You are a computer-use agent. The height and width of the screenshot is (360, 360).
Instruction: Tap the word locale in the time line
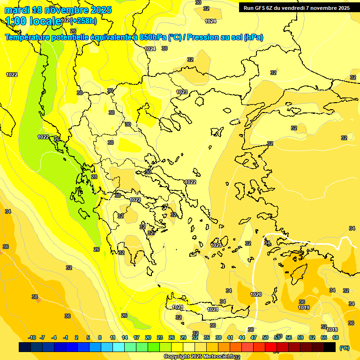tap(45, 21)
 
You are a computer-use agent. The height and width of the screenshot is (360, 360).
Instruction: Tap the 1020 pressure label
tap(256, 294)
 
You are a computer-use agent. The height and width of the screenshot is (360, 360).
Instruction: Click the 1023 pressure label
tap(182, 92)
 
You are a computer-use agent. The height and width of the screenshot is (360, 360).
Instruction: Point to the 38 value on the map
tap(35, 297)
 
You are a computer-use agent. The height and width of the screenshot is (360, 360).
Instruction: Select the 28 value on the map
tap(94, 177)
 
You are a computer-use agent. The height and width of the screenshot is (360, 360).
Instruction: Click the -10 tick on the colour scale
tap(32, 337)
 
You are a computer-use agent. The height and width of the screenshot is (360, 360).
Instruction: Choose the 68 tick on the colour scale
tap(336, 337)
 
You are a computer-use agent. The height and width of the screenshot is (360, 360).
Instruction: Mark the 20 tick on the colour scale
tap(148, 337)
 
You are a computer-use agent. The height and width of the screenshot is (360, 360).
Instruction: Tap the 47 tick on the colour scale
tap(254, 337)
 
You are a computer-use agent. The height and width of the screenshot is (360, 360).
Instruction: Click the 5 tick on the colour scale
tap(88, 337)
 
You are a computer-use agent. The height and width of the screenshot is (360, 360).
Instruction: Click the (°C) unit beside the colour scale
tap(345, 347)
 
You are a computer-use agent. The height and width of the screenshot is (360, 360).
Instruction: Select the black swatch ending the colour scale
tap(330, 347)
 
